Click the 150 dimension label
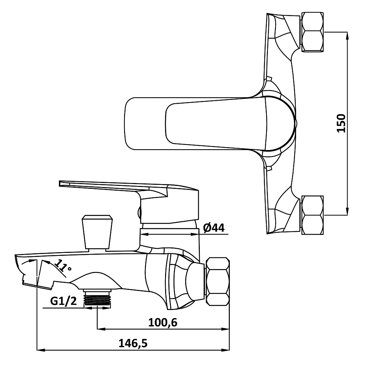(x=341, y=123)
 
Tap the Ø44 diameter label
(x=214, y=228)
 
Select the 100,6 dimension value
(x=163, y=322)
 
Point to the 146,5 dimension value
(x=133, y=343)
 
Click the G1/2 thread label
(x=63, y=301)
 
